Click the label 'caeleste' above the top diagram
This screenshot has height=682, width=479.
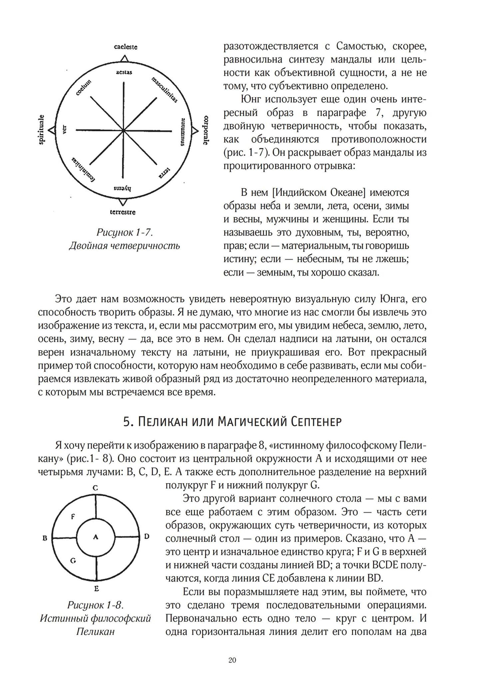(125, 47)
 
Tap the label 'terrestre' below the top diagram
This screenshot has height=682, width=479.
(123, 212)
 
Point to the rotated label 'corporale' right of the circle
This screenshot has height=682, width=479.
(206, 130)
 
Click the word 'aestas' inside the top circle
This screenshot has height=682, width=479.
(124, 72)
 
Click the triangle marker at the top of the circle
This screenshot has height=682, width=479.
(124, 58)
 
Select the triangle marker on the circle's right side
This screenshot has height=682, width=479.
(194, 130)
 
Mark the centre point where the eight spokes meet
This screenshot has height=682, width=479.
(124, 130)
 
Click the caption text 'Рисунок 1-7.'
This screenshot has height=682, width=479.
(125, 233)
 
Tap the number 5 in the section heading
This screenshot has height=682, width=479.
(126, 422)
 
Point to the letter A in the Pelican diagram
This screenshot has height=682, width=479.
(96, 537)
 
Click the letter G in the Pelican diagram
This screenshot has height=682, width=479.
(73, 559)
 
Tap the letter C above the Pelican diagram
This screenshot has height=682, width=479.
(95, 488)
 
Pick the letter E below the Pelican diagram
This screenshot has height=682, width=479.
(96, 589)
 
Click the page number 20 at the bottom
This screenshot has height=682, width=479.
(232, 660)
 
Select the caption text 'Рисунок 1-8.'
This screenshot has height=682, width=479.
(95, 605)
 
